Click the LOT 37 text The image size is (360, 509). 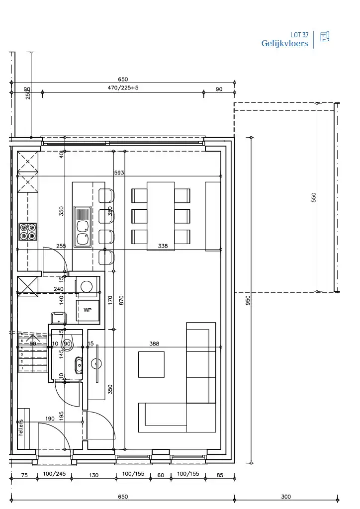coord(299,35)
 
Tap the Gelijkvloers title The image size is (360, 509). coord(284,44)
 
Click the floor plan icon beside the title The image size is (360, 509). coord(325,37)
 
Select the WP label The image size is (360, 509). coord(88,310)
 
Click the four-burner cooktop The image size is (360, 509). coord(27,232)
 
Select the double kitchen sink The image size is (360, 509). coord(82,226)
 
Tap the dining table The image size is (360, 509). coord(161,216)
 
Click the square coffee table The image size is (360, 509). coord(151,364)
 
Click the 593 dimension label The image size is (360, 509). coord(119,172)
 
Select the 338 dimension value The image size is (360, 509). coord(163,246)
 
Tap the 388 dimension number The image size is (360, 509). coord(155,343)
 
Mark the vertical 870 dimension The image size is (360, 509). coord(122,300)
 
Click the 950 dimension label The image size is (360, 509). coord(247,300)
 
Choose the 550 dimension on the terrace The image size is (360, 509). coord(314,197)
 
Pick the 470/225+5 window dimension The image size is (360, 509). coord(123,88)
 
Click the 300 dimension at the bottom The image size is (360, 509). coord(286,497)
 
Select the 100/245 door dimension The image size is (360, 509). coord(54,474)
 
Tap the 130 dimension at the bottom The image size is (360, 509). coord(93,475)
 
